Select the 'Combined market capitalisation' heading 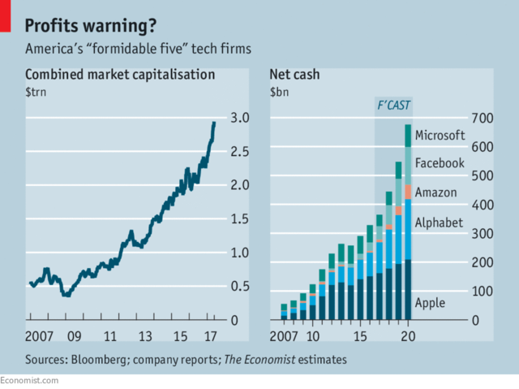pos(120,75)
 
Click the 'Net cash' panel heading pos(294,75)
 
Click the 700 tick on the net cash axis pos(482,119)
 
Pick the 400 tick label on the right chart pos(482,205)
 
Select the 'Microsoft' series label pos(440,136)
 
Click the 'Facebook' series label pos(440,163)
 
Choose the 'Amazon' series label pos(436,192)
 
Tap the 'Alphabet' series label pos(438,222)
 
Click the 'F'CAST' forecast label pos(393,106)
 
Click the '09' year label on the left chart pos(74,335)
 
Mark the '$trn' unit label pos(38,92)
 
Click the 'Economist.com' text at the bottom pos(30,380)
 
